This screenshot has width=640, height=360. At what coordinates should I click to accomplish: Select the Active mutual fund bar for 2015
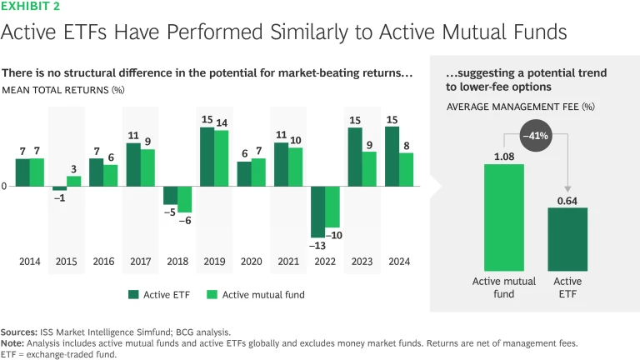point(73,181)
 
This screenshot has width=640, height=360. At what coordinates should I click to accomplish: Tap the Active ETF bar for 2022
point(317,212)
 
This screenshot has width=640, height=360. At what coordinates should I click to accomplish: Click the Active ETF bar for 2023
point(354,157)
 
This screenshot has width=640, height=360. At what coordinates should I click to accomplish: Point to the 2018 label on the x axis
point(177,262)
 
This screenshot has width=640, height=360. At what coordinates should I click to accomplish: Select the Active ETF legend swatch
point(133,294)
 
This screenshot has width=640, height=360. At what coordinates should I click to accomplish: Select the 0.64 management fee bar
point(567,238)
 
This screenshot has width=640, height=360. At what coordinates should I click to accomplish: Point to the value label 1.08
point(504,155)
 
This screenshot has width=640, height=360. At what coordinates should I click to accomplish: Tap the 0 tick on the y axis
point(4,187)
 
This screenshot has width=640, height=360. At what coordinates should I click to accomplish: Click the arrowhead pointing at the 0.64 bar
point(567,193)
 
